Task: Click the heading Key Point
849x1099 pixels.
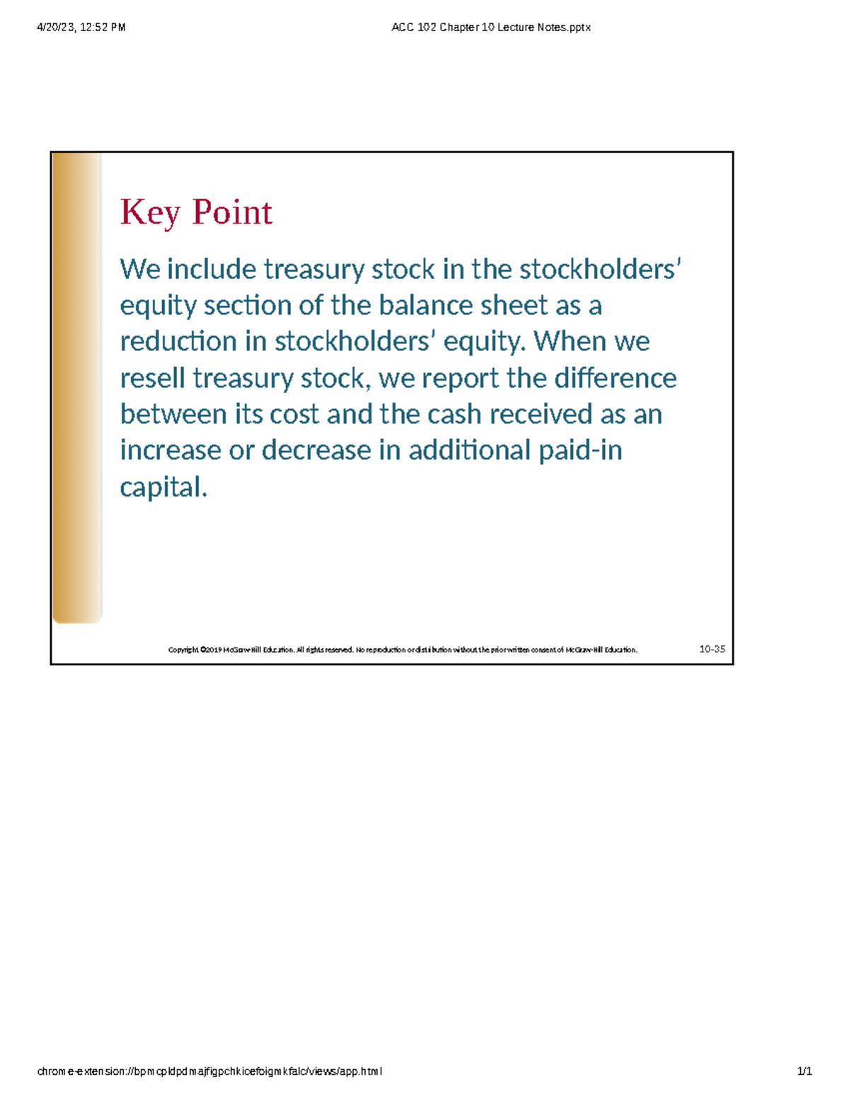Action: point(196,212)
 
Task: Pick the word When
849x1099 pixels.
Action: point(570,342)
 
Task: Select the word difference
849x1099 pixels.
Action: point(616,379)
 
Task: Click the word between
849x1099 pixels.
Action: point(173,415)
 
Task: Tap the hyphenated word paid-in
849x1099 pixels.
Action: point(581,451)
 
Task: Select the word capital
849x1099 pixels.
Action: point(163,488)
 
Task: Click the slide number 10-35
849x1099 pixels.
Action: point(712,649)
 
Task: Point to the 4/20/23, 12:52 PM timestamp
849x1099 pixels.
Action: point(81,28)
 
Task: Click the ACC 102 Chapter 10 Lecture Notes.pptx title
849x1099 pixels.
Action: point(491,28)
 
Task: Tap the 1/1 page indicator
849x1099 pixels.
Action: point(804,1071)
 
